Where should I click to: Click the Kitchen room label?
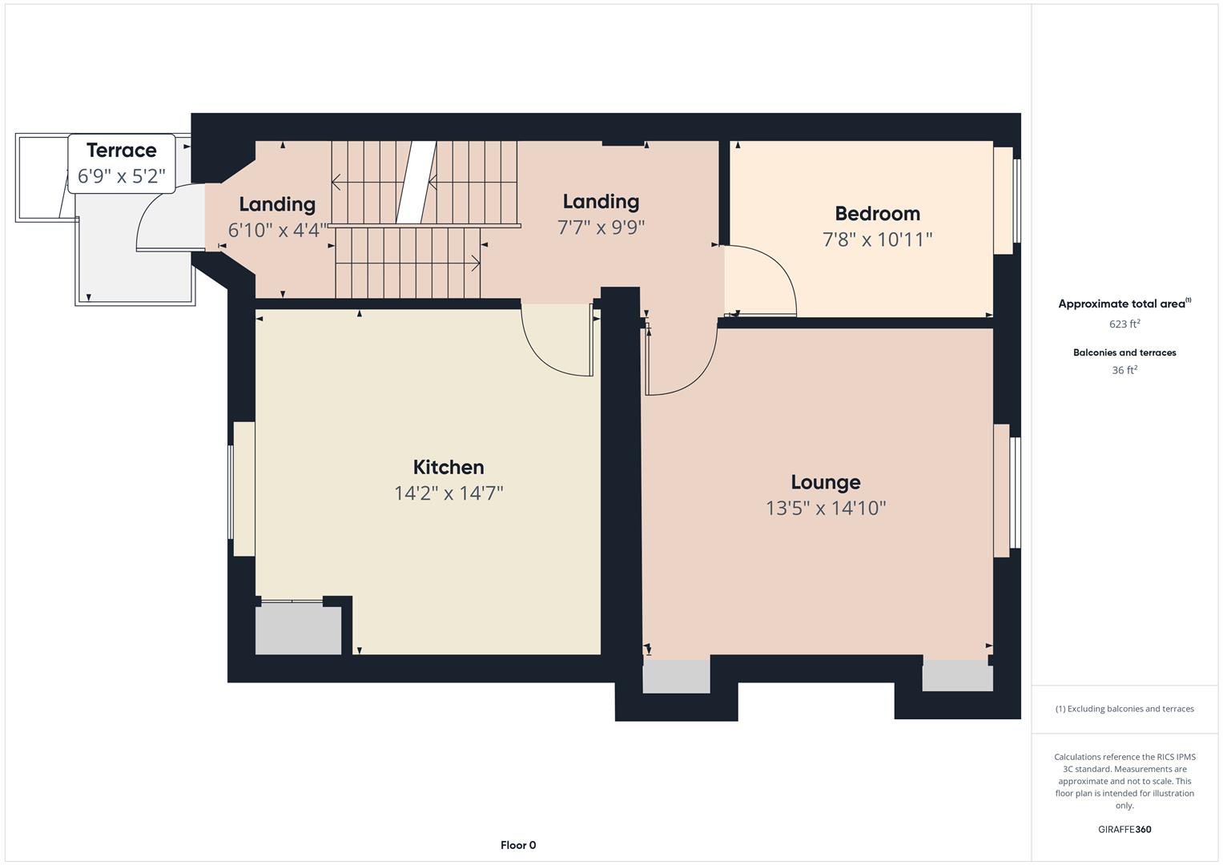[449, 467]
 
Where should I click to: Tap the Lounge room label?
[826, 482]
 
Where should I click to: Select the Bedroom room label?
[877, 214]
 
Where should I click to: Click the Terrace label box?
[122, 163]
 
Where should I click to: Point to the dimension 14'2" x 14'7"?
[449, 493]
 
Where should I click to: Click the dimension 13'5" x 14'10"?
[826, 508]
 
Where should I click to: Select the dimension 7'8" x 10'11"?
[877, 239]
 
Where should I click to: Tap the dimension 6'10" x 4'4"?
[277, 231]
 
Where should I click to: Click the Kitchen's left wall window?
[243, 489]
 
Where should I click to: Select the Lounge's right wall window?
[1004, 490]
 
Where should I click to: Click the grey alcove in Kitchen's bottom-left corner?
[298, 630]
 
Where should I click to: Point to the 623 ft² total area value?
[1124, 324]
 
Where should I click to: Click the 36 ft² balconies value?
[1124, 370]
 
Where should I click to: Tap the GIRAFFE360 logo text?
[1124, 829]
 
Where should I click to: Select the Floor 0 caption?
[518, 845]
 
